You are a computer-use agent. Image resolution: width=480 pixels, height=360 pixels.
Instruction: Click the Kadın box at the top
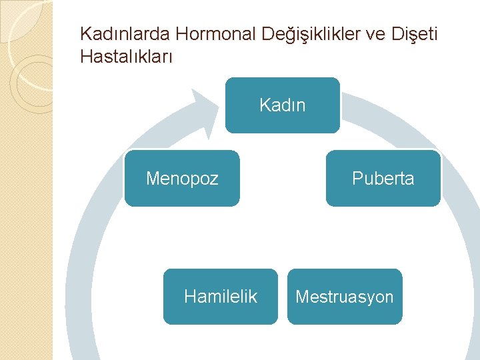(282, 105)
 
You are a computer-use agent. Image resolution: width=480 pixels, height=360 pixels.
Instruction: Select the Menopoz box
(181, 178)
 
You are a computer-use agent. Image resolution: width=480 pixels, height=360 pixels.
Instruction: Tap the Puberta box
(383, 178)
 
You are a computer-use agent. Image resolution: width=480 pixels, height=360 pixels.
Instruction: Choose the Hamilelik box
(220, 297)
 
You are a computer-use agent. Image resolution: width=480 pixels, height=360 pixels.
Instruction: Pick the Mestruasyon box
(345, 297)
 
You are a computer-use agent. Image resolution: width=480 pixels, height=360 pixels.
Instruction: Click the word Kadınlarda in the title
(126, 34)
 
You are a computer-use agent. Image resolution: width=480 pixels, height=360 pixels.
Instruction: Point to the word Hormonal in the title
(216, 34)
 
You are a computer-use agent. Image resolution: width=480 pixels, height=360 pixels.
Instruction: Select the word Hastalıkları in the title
(126, 57)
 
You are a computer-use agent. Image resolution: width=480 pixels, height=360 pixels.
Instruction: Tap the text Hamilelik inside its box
(220, 297)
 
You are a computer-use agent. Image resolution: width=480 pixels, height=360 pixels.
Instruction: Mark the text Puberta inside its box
(383, 179)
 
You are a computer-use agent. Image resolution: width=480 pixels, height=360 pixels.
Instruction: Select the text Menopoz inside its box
(181, 179)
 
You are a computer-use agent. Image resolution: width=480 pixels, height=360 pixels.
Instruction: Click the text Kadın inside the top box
(282, 105)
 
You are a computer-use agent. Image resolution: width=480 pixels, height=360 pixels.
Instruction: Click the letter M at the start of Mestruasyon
(301, 297)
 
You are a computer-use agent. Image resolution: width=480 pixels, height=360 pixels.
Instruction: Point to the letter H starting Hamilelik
(189, 297)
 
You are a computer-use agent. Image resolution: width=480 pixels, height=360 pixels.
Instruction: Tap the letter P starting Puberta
(356, 179)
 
